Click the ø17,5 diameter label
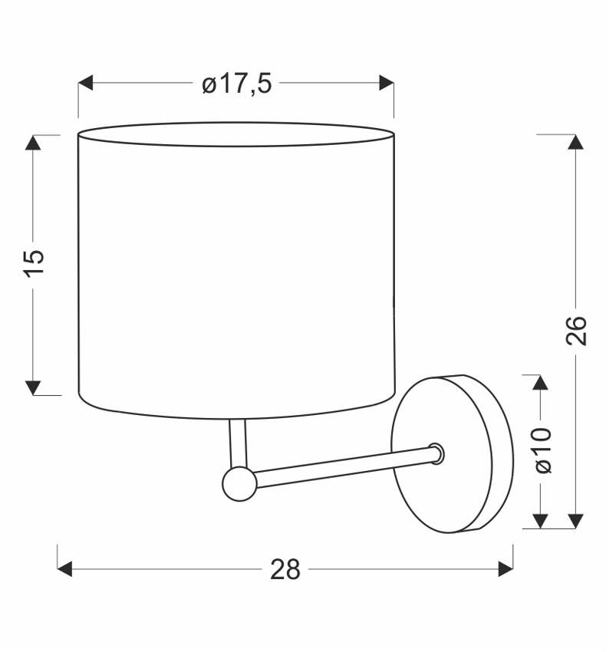click(x=236, y=84)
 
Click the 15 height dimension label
click(x=33, y=264)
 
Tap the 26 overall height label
click(x=576, y=331)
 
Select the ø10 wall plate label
click(x=543, y=450)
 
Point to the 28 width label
click(x=285, y=569)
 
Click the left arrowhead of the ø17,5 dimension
click(x=86, y=83)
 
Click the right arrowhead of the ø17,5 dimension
click(x=387, y=83)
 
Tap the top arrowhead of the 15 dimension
click(x=33, y=143)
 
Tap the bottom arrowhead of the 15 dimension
click(x=33, y=387)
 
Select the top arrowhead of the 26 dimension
click(x=576, y=142)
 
